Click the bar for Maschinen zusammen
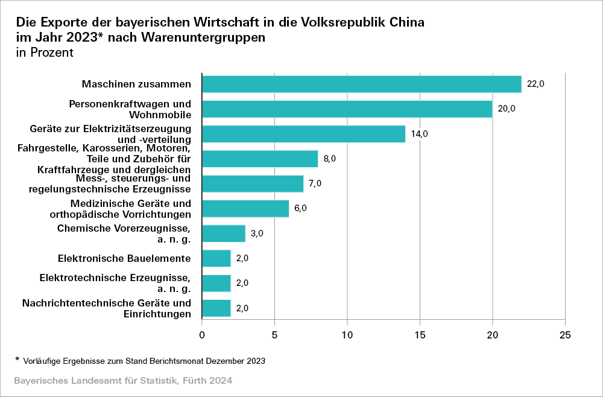(x=361, y=84)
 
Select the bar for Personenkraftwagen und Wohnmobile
(x=347, y=109)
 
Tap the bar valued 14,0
(x=303, y=134)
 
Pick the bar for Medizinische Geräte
(x=245, y=208)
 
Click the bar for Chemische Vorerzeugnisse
(x=224, y=233)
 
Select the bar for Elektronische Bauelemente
(x=216, y=258)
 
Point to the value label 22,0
(x=535, y=84)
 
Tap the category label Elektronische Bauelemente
(x=124, y=258)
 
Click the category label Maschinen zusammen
(x=136, y=84)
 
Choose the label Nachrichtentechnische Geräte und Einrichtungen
(x=107, y=308)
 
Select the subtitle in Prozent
(x=45, y=52)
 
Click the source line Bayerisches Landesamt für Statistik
(x=123, y=381)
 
